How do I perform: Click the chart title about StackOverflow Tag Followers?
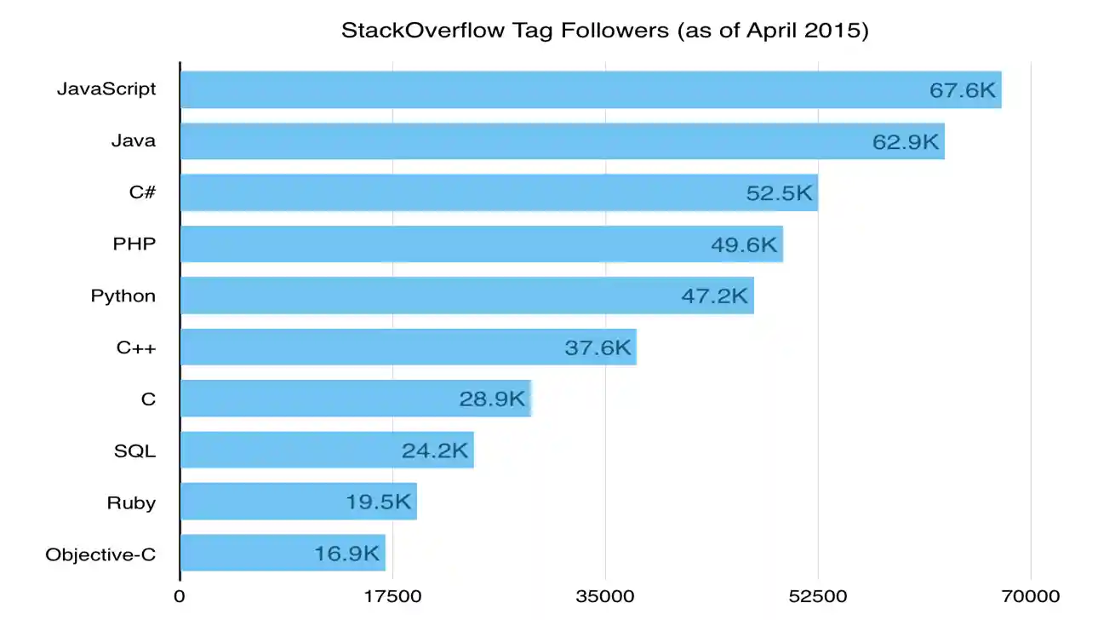[604, 32]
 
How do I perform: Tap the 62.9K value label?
[905, 142]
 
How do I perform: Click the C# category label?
[142, 192]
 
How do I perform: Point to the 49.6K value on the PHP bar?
[744, 245]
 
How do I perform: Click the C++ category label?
[136, 347]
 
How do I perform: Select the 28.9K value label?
[492, 399]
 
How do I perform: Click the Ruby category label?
[131, 502]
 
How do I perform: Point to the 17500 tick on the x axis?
[392, 596]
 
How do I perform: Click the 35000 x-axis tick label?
[605, 596]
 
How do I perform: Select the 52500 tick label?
[818, 596]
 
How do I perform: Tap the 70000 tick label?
[1031, 596]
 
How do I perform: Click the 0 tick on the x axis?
[180, 596]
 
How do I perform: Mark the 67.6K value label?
[962, 90]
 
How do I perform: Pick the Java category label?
[134, 141]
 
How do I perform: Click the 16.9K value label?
[346, 554]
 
